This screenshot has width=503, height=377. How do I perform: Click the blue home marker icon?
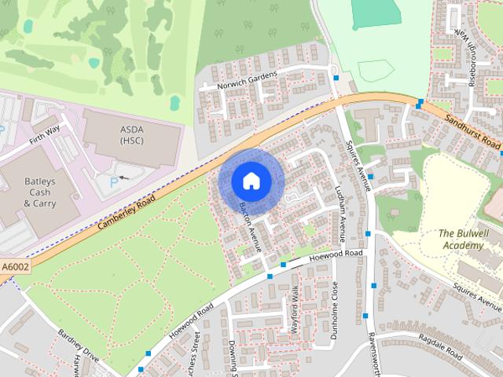[x=250, y=181]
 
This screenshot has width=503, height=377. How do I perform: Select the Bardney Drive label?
[x=78, y=344]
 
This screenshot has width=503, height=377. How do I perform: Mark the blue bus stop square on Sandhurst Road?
[x=420, y=102]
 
